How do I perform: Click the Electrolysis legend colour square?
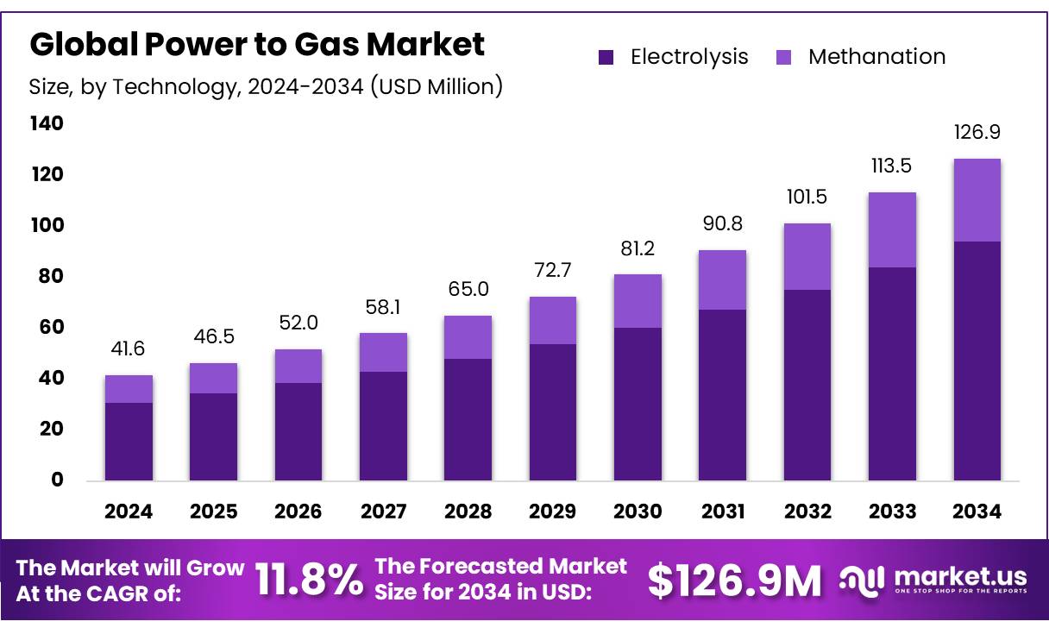point(606,58)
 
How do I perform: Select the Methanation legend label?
point(876,57)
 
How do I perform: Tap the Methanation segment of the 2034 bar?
point(977,200)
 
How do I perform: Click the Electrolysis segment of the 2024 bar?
point(129,441)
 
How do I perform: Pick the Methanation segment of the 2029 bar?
point(553,320)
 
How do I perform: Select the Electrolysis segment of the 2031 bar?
point(722,394)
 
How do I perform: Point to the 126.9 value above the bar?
point(977,133)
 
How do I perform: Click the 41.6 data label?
point(129,349)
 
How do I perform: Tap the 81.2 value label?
point(638,248)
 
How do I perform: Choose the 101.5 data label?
point(807,198)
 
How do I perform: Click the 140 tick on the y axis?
point(47,124)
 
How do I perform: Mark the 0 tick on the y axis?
point(57,480)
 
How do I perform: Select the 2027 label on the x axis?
point(383,512)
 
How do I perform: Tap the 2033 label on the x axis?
point(892,512)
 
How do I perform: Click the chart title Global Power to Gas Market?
point(257,44)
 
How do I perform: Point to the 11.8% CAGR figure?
point(310,581)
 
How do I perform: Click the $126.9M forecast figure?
point(734,581)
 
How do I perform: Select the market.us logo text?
point(960,575)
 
